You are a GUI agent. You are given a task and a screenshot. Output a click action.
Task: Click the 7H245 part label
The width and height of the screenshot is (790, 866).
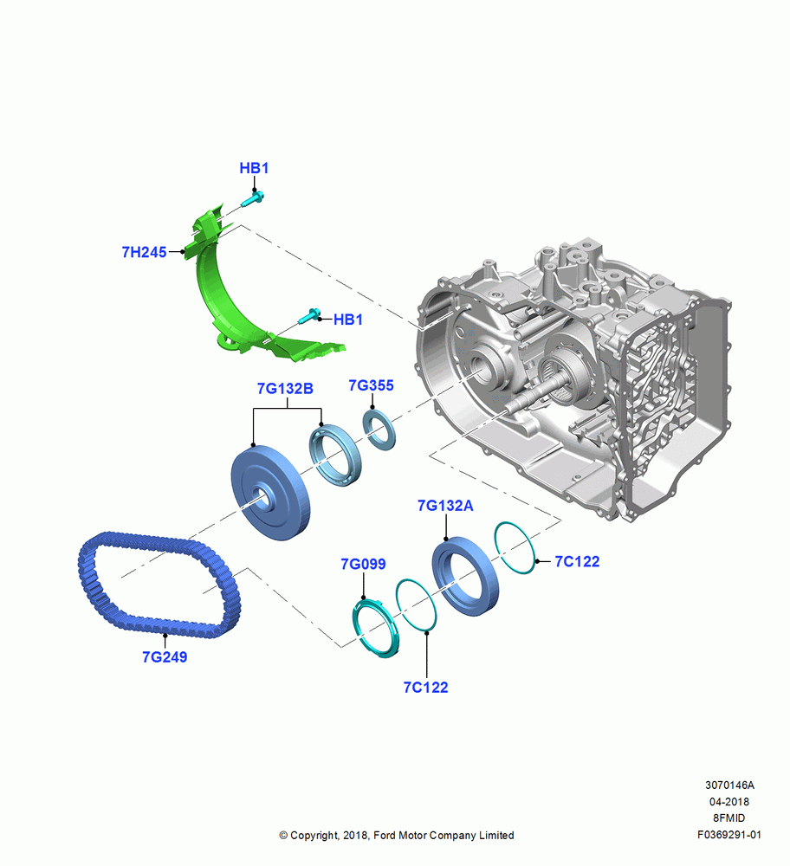click(144, 252)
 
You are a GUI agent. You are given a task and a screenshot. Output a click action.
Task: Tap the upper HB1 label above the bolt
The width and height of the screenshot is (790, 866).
click(254, 168)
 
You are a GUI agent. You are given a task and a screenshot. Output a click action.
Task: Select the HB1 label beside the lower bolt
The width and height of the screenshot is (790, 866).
click(347, 320)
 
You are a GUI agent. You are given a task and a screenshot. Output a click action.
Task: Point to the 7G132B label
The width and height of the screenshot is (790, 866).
click(285, 389)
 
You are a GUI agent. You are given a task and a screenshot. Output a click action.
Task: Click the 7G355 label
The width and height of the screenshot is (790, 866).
click(371, 385)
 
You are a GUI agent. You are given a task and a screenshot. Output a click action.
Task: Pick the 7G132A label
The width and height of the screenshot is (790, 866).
click(445, 506)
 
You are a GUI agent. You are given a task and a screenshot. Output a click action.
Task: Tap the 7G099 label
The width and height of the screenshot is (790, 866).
click(363, 564)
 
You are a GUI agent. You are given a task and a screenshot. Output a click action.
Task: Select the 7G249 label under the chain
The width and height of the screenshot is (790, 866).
click(165, 656)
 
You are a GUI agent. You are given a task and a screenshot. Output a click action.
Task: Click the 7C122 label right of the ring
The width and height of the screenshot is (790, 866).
click(577, 561)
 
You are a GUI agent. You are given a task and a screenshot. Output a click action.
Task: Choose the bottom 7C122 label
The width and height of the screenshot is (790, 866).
click(425, 687)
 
